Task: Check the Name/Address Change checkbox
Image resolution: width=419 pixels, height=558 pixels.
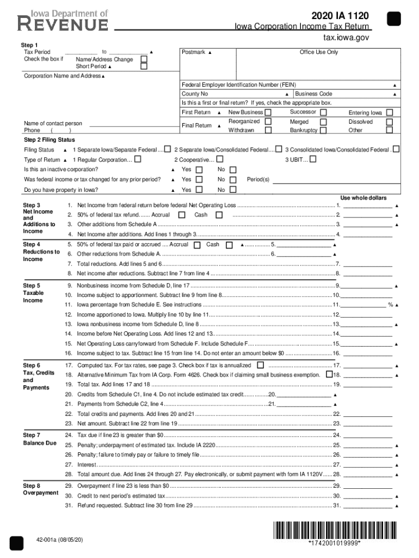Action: coord(144,59)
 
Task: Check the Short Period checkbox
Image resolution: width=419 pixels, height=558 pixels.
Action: coord(144,66)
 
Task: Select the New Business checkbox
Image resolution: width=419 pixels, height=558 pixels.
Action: coord(268,112)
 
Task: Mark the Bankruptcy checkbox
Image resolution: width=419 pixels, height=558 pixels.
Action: coord(323,130)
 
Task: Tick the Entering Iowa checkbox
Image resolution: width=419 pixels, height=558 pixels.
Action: coord(389,112)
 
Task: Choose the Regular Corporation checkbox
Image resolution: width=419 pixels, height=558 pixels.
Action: coord(138,160)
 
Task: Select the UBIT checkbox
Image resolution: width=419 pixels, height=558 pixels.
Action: coord(313,160)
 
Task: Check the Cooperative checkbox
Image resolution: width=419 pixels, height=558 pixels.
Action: coord(220,160)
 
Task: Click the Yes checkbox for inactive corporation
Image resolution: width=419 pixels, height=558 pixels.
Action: coord(199,169)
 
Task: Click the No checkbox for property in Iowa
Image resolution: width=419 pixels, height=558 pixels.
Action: coord(233,190)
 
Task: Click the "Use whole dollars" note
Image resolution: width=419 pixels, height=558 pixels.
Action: coord(363,197)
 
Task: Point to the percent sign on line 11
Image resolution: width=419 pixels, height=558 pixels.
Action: coord(390,305)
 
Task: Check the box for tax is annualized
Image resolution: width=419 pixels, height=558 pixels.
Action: coord(261,365)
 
